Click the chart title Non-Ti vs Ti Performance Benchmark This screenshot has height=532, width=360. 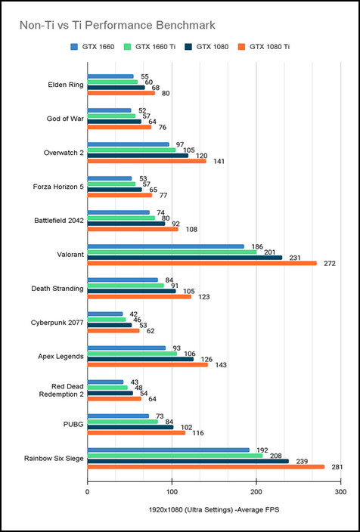click(x=117, y=25)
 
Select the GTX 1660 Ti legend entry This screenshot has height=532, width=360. click(x=151, y=47)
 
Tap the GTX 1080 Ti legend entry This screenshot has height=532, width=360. click(x=264, y=47)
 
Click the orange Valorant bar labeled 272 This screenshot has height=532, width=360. click(x=202, y=263)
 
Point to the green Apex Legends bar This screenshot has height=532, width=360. click(x=132, y=354)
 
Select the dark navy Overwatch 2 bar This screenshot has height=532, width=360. click(x=138, y=156)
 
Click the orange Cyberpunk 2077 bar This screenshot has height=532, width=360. click(x=113, y=331)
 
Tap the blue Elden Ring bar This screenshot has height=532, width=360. click(x=110, y=76)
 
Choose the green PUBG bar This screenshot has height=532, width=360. click(x=123, y=422)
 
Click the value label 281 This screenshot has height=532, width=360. click(x=337, y=468)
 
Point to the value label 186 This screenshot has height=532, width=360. click(x=257, y=246)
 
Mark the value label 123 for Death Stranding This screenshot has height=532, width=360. click(x=204, y=297)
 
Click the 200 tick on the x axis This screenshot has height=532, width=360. click(x=256, y=492)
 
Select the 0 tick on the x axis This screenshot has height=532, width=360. click(x=88, y=492)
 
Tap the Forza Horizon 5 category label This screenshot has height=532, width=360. click(x=58, y=187)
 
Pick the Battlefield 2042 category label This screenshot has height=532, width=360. click(x=59, y=221)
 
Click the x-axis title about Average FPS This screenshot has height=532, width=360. click(x=213, y=510)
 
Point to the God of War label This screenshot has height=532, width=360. click(x=65, y=119)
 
